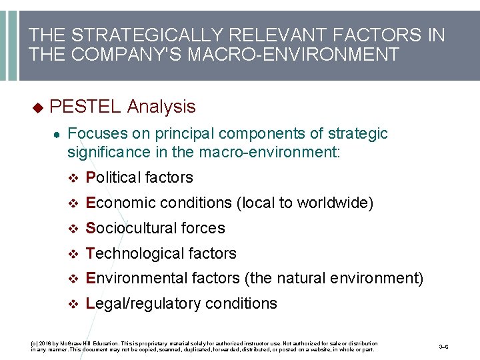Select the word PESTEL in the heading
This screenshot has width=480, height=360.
85,106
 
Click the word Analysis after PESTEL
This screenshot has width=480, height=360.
161,106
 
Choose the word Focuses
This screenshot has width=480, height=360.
95,133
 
